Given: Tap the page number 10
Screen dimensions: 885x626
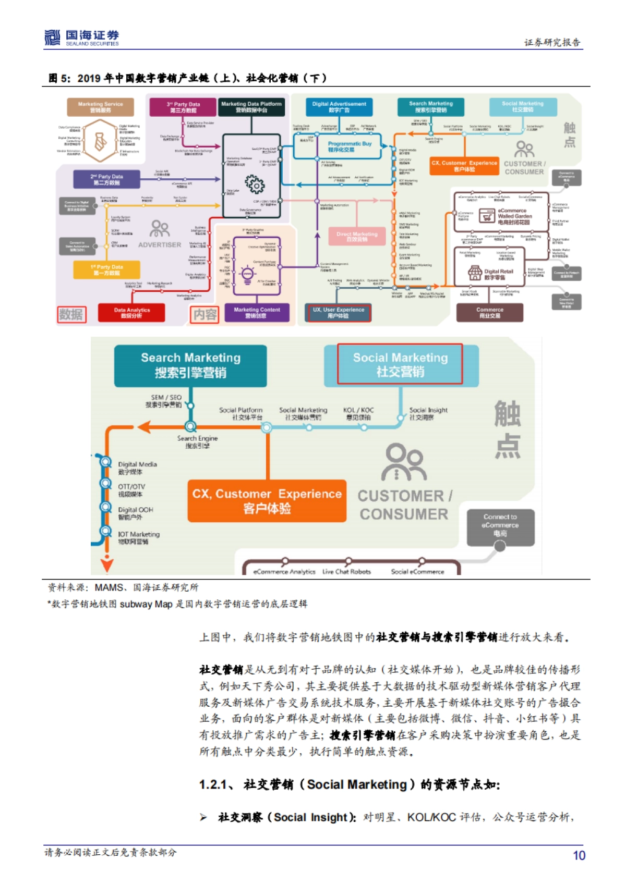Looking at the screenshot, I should [x=579, y=855].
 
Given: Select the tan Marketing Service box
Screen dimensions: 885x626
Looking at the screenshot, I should [x=100, y=107].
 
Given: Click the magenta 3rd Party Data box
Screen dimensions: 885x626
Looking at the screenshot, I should [x=183, y=107].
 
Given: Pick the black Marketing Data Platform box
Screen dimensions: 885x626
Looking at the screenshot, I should [x=251, y=107].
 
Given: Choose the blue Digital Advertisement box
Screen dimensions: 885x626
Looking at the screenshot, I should [x=339, y=107].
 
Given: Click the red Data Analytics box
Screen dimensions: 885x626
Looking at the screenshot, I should [x=131, y=313].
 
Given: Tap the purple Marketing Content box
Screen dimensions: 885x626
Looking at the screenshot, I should [x=257, y=313].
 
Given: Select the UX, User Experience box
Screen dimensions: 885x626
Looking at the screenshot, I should [x=338, y=313].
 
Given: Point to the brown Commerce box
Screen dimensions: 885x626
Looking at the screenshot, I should [x=489, y=313].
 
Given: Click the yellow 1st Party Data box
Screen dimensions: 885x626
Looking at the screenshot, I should [x=106, y=269].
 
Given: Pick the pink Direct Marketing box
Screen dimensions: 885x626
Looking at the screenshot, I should [x=357, y=237].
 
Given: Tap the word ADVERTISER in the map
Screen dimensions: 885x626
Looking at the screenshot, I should [x=160, y=245].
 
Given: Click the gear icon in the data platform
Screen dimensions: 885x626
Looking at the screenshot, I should [x=255, y=184].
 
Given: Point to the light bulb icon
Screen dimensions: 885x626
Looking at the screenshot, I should [x=247, y=273].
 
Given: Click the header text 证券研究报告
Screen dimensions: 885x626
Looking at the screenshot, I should [x=552, y=43].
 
